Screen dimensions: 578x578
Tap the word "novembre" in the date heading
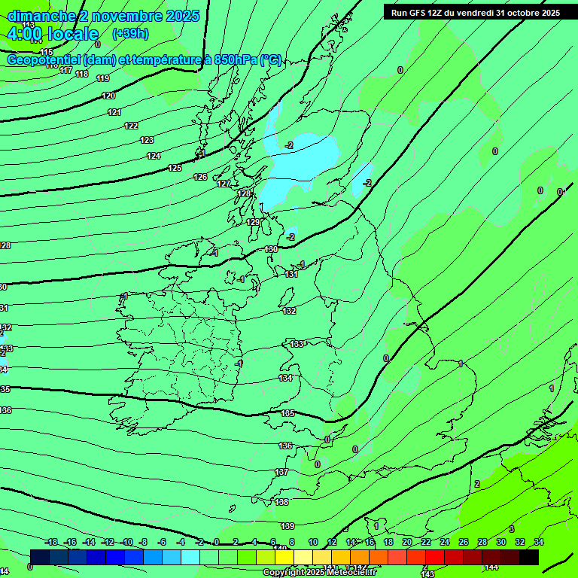point(114,16)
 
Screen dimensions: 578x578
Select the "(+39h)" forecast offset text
point(130,33)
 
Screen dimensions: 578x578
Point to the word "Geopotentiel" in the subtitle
point(44,60)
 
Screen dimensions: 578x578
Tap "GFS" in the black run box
point(418,13)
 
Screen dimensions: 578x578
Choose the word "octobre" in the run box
point(516,13)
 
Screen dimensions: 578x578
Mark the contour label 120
point(108,96)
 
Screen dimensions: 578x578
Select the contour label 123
point(147,140)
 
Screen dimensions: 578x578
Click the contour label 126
point(200,177)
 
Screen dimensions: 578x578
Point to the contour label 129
point(253,222)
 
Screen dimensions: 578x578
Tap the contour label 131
point(291,274)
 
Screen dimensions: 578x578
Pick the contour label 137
point(281,472)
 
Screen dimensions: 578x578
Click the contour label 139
point(287,526)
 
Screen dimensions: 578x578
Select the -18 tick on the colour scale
point(51,542)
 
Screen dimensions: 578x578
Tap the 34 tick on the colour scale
point(539,542)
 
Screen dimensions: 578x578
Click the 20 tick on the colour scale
point(406,542)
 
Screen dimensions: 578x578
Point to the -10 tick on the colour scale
point(127,542)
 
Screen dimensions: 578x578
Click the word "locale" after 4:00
point(71,34)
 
